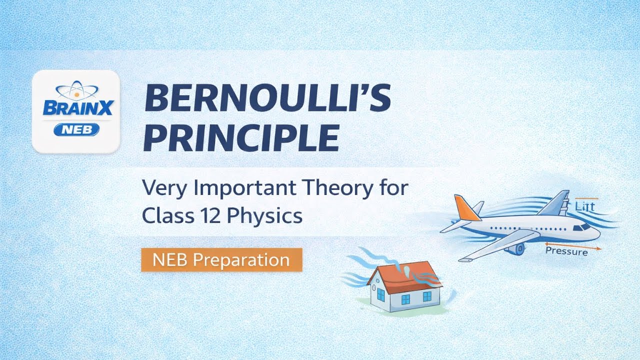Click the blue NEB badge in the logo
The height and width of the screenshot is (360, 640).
76,130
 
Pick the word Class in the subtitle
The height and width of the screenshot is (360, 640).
164,215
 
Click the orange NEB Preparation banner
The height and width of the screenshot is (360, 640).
221,260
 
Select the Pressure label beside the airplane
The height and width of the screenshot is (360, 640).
566,252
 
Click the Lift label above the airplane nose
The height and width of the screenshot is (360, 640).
585,206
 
